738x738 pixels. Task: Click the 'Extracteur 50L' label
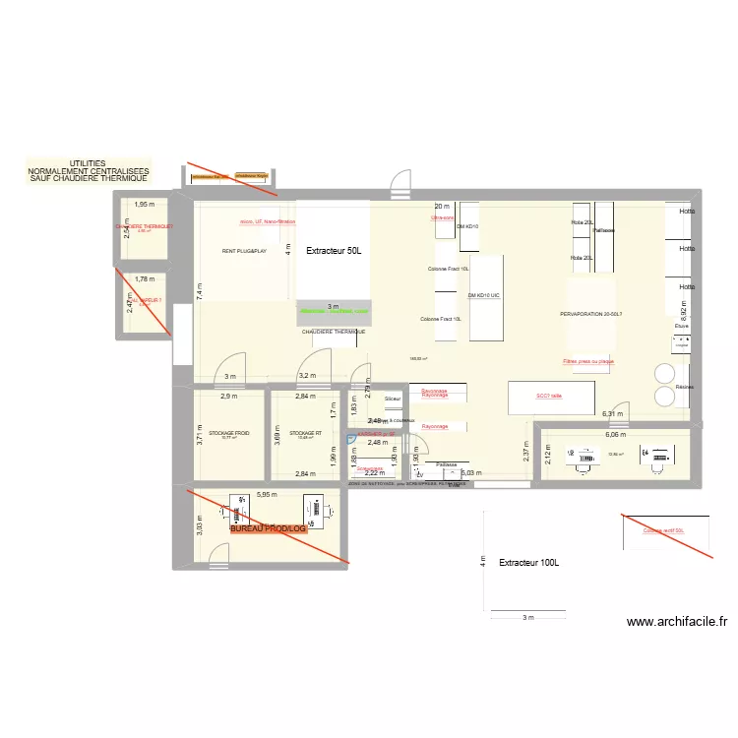coord(334,252)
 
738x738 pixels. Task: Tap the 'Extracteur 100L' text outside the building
coord(528,563)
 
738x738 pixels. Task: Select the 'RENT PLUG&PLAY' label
coord(244,252)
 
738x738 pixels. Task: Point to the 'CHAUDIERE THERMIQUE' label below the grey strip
coord(334,332)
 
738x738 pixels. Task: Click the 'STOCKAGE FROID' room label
coord(229,433)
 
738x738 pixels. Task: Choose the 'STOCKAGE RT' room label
coord(306,433)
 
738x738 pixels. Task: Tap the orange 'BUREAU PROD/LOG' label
coord(269,528)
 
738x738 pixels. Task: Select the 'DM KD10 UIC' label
coord(484,295)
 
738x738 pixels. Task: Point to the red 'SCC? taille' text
coord(549,397)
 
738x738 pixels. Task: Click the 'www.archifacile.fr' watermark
coord(677,622)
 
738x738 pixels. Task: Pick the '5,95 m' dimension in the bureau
coord(266,495)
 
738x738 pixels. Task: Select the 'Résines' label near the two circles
coord(685,387)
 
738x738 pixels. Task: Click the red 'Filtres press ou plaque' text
coord(588,361)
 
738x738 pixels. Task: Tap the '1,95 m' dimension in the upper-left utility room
coord(145,205)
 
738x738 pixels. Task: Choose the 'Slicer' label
coord(393,399)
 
